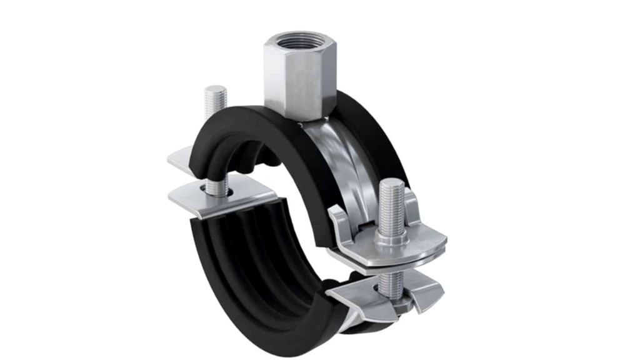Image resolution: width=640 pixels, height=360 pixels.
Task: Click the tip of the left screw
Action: pyautogui.click(x=213, y=89)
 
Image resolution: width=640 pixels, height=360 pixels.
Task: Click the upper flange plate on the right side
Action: pyautogui.click(x=406, y=240)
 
